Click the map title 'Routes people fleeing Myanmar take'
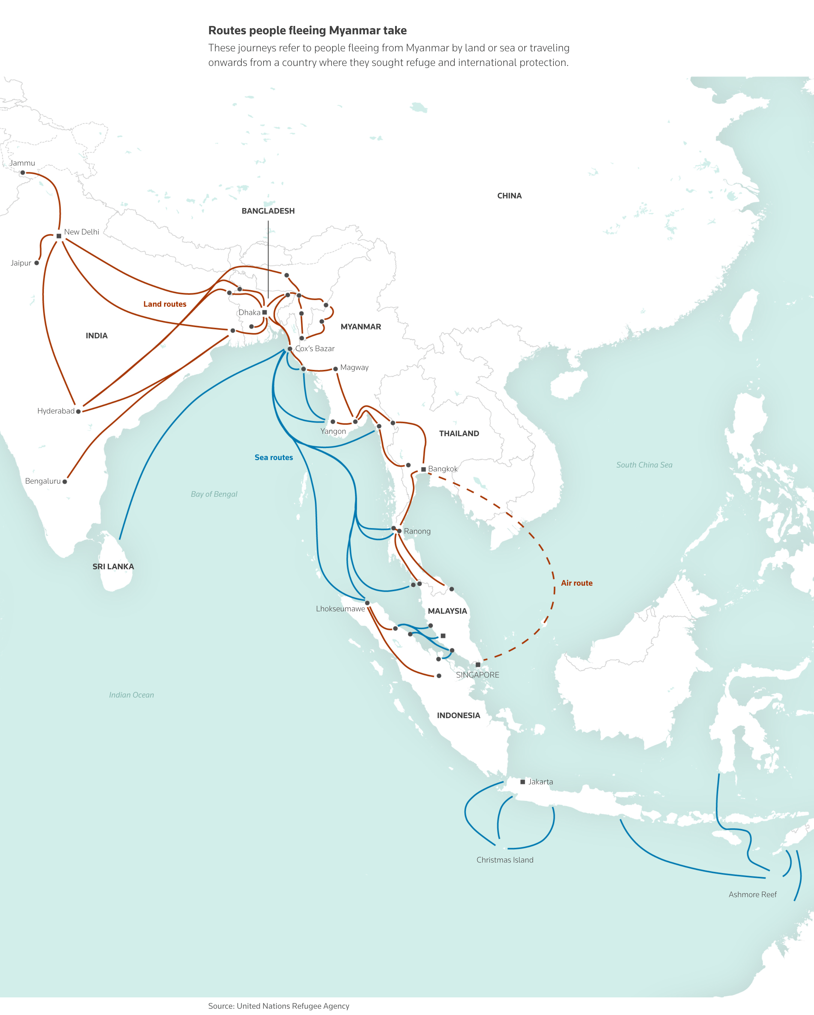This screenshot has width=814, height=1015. pyautogui.click(x=307, y=31)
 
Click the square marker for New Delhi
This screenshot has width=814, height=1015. pyautogui.click(x=59, y=236)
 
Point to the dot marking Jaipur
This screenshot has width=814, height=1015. pyautogui.click(x=37, y=263)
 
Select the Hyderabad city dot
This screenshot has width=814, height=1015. pyautogui.click(x=78, y=411)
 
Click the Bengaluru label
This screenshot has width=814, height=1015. pyautogui.click(x=43, y=481)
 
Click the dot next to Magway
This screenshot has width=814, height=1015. pyautogui.click(x=335, y=369)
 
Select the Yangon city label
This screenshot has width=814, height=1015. pyautogui.click(x=333, y=431)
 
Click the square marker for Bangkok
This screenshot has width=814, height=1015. pyautogui.click(x=423, y=469)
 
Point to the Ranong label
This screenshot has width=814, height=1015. pyautogui.click(x=417, y=531)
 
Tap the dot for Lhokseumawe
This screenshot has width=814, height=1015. pyautogui.click(x=367, y=603)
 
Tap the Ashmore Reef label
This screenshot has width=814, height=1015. pyautogui.click(x=752, y=894)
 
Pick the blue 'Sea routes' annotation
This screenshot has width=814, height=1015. pyautogui.click(x=274, y=458)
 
